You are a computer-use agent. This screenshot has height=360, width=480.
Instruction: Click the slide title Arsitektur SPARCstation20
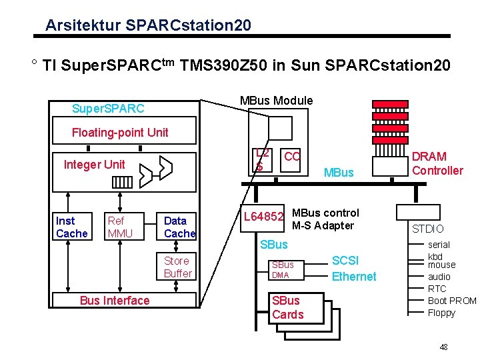tap(148, 25)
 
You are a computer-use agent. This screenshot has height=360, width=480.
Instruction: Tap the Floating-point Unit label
tap(120, 132)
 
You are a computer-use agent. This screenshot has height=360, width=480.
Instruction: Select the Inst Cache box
tap(71, 227)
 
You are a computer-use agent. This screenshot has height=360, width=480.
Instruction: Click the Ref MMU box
tap(120, 227)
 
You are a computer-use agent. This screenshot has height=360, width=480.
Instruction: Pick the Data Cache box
tap(179, 227)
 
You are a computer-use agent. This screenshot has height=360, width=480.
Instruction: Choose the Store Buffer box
tap(177, 267)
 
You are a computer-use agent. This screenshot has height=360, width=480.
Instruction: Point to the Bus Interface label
tap(115, 301)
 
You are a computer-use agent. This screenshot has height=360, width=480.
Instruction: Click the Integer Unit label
tap(94, 165)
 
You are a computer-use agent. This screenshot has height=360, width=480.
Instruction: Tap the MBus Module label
tap(276, 101)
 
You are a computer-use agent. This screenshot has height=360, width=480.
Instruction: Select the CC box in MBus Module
tap(291, 157)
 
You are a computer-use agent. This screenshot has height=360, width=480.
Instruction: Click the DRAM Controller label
tap(437, 163)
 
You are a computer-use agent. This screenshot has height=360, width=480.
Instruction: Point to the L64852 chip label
tap(264, 217)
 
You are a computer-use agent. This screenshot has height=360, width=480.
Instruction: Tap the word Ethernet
tap(354, 277)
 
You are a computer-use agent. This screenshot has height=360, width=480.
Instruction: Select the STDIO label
tap(427, 229)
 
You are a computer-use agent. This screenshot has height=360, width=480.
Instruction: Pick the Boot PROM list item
tap(451, 301)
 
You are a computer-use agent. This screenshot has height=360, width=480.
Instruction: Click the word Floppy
tap(441, 313)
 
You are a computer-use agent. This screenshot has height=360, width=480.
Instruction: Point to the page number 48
tap(443, 347)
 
